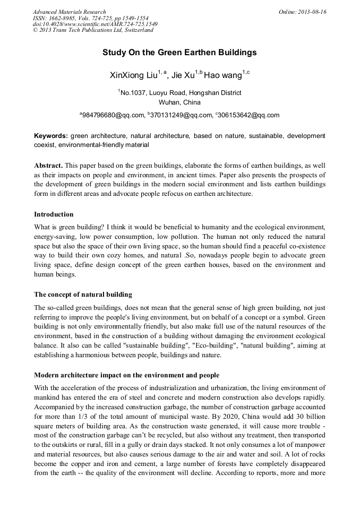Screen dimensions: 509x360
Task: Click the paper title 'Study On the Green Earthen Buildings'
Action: coord(179,53)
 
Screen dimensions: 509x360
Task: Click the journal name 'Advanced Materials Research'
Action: coord(69,12)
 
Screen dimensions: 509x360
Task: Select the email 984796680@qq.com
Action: coord(113,115)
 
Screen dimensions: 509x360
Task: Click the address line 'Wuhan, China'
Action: coord(179,102)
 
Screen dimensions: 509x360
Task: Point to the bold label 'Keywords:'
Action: coord(50,136)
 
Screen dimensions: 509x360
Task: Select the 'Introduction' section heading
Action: coord(54,214)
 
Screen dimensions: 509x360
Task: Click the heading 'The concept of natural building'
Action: coord(83,295)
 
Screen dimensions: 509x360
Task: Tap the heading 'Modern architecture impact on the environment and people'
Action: coord(126,375)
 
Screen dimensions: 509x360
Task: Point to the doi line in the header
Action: coord(95,24)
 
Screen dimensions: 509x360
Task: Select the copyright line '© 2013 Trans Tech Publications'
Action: coord(93,30)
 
